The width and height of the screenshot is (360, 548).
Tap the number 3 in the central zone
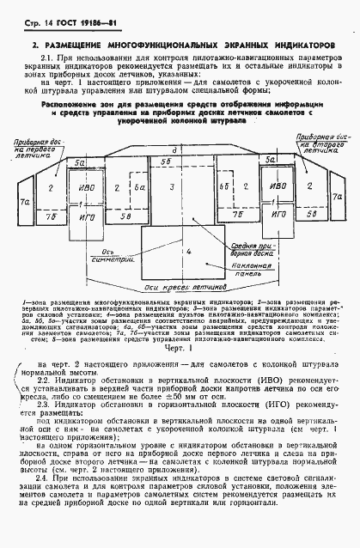[173, 186]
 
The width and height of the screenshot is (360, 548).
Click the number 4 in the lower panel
[187, 253]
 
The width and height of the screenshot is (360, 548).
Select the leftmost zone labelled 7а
[27, 202]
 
